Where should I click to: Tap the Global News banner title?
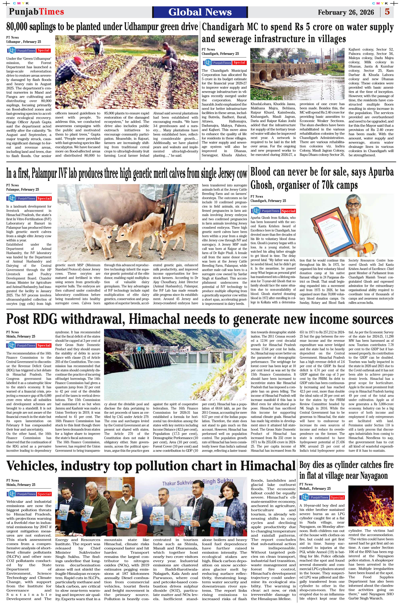click(x=200, y=12)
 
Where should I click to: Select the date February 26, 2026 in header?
click(x=346, y=12)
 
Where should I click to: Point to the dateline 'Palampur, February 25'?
click(x=23, y=190)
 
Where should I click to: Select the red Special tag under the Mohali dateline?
click(x=337, y=498)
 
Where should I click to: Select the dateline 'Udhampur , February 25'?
click(x=23, y=42)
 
